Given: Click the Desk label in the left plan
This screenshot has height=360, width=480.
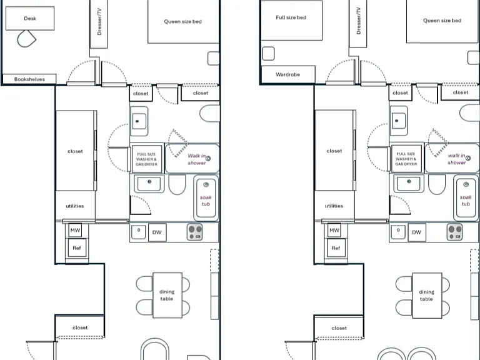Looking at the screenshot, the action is (x=30, y=18).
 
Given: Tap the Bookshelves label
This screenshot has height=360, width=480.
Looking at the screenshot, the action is (x=29, y=79).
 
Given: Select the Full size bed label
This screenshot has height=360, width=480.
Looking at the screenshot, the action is (x=291, y=17).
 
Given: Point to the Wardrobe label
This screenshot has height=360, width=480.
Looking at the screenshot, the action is (x=287, y=74).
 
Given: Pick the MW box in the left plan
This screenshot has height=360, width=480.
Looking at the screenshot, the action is (x=75, y=230).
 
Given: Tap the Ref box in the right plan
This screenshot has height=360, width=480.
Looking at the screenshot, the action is (x=336, y=248).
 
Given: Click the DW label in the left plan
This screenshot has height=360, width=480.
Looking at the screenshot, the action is (x=157, y=232).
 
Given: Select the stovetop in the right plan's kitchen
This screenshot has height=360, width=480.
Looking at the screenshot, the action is (x=454, y=232).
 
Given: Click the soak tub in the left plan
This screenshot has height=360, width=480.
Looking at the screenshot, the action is (x=206, y=197).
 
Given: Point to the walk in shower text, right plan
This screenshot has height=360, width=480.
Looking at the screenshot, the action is (x=457, y=159).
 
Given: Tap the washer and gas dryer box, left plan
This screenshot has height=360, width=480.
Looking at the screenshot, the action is (x=147, y=159).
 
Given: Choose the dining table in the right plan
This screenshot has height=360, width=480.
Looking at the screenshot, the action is (x=427, y=296).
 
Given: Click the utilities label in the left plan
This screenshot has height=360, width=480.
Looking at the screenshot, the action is (x=75, y=206).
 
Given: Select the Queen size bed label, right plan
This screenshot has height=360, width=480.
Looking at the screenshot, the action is (x=442, y=21).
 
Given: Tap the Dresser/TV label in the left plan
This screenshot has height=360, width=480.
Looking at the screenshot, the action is (x=99, y=21).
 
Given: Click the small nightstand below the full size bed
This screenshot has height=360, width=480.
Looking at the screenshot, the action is (x=268, y=53).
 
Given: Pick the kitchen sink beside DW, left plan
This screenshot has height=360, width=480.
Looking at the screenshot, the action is (x=138, y=231).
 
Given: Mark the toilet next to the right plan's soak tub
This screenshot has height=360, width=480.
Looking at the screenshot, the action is (x=437, y=184).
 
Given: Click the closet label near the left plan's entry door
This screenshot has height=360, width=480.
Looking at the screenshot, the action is (x=80, y=327).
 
